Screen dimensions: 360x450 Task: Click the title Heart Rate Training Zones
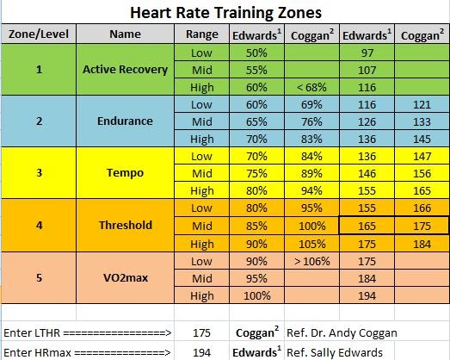pos(225,13)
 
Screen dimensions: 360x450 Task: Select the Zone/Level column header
pos(39,35)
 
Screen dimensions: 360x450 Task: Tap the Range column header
pos(202,35)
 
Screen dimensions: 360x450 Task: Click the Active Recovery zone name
pos(126,70)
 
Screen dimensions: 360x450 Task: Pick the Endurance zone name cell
pos(126,121)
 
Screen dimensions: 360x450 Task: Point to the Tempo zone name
pos(126,172)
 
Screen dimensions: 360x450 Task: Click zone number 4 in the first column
pos(39,225)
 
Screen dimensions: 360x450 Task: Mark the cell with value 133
pos(421,121)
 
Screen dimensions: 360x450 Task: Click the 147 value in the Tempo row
pos(421,156)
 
